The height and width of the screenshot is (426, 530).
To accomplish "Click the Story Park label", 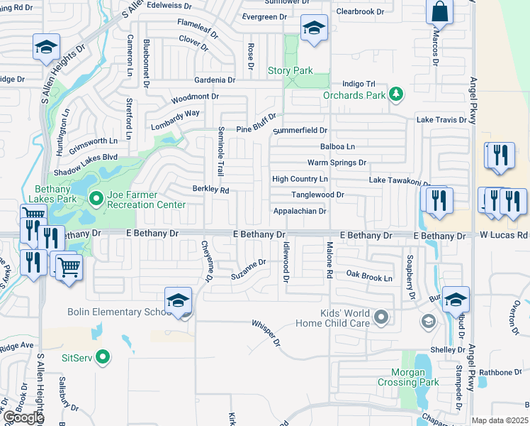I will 290,70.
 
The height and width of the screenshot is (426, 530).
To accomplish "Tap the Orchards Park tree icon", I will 397,94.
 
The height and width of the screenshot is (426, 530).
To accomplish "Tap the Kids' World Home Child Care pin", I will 382,317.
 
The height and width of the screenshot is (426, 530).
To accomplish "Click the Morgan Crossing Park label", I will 415,377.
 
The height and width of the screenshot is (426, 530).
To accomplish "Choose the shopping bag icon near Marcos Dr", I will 439,12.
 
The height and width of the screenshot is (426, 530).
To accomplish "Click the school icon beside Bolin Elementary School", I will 179,301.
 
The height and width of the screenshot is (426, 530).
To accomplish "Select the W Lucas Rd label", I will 504,235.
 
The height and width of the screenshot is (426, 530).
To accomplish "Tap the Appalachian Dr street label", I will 300,211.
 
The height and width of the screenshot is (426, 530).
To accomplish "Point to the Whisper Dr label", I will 266,333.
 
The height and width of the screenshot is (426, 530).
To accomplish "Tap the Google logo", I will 23,418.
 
